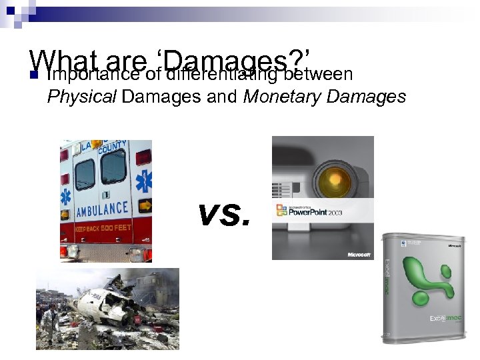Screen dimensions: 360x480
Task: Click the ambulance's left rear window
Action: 84,175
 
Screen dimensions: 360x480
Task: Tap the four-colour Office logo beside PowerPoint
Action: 281,211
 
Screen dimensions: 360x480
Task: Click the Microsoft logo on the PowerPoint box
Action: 358,255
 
